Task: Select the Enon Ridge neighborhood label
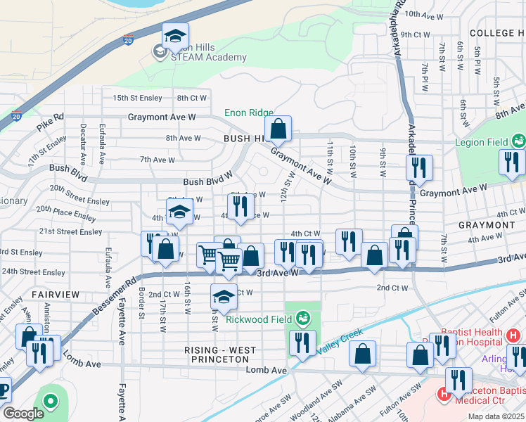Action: [248, 113]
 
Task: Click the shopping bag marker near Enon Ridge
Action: [278, 129]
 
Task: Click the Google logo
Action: [23, 414]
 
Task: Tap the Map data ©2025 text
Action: [496, 416]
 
